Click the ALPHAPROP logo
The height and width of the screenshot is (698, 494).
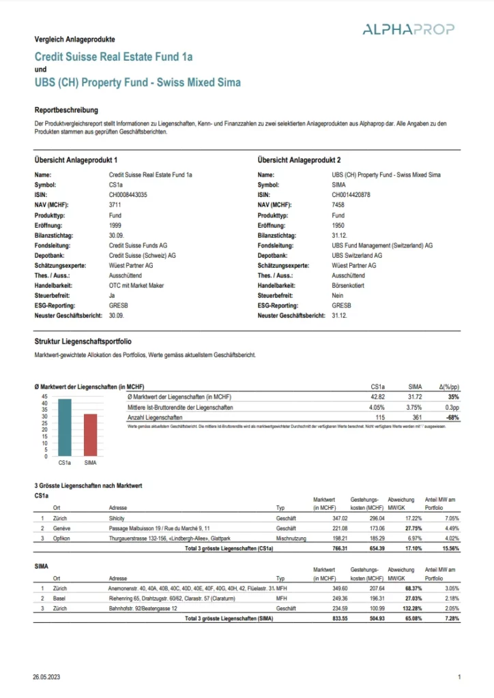pos(409,29)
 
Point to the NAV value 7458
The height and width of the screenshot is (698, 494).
pos(338,205)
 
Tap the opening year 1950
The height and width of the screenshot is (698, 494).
pos(338,225)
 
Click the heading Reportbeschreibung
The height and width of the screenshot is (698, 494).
pos(66,110)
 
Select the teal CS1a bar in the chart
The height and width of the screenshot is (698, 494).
pos(65,427)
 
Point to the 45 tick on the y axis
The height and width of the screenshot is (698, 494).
pos(44,396)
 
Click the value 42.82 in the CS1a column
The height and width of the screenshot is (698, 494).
pos(378,397)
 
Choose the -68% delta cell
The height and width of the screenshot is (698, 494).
pos(452,416)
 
